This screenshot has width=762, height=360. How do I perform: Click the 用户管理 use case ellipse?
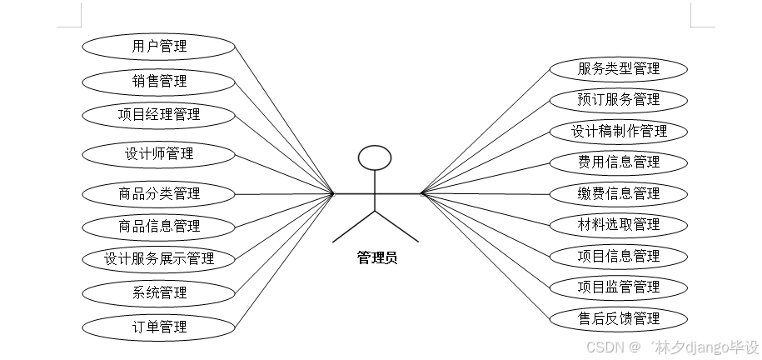[159, 46]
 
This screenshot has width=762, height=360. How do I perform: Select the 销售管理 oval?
[159, 81]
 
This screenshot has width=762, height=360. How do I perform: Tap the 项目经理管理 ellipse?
[159, 114]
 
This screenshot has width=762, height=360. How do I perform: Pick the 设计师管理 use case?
[159, 153]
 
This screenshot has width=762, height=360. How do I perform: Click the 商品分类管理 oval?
[159, 194]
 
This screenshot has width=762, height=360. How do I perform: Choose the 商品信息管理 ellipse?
[159, 225]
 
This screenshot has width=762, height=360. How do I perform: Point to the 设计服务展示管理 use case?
[159, 258]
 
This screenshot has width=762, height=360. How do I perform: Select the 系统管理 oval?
[159, 292]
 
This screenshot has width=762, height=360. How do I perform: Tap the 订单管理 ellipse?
[159, 327]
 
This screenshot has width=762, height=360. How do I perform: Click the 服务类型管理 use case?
[619, 68]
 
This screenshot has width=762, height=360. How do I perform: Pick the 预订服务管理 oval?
[619, 100]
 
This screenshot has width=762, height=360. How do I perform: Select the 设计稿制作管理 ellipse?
[619, 131]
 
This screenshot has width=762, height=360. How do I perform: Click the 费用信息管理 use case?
[619, 162]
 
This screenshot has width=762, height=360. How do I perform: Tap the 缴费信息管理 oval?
[619, 193]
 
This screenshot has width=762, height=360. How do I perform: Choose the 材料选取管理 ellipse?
[619, 224]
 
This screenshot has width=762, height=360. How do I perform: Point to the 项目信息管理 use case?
[619, 256]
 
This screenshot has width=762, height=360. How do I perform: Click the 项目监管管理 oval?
[619, 287]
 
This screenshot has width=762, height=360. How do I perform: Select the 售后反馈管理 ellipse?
[619, 318]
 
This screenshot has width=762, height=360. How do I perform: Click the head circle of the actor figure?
[374, 157]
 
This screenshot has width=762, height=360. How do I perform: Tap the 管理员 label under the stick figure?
[377, 258]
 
